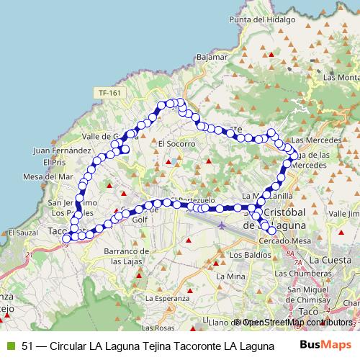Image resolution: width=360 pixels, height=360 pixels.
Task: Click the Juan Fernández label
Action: pyautogui.click(x=62, y=151)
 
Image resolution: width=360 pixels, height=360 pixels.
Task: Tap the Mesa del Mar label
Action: pyautogui.click(x=48, y=176)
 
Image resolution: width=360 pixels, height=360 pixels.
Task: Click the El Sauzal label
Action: pyautogui.click(x=22, y=233)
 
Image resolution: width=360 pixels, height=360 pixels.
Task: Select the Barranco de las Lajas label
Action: pyautogui.click(x=125, y=255)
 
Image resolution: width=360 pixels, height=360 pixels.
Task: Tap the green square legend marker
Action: pyautogui.click(x=9, y=345)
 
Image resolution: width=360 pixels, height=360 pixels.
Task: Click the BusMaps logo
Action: pyautogui.click(x=325, y=344)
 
